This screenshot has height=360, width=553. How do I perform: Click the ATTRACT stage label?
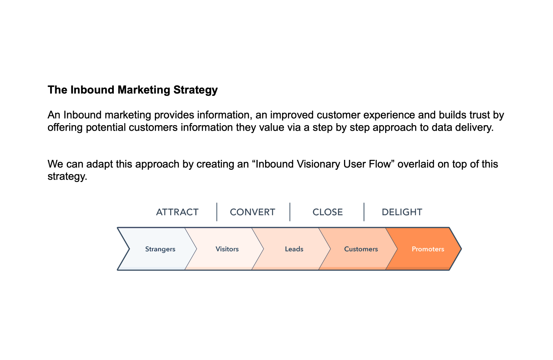tap(177, 212)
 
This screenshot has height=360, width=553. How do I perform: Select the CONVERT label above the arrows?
tap(252, 212)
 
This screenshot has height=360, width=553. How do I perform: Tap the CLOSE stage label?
tap(327, 212)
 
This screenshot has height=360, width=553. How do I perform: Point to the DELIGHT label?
tap(402, 212)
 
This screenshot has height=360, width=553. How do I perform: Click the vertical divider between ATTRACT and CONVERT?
tap(217, 212)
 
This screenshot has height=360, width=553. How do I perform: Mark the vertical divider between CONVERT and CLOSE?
tap(290, 212)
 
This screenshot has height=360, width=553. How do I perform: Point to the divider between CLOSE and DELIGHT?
tap(364, 212)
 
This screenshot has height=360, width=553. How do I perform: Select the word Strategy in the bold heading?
tap(196, 90)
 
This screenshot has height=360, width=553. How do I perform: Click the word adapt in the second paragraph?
tap(100, 164)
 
